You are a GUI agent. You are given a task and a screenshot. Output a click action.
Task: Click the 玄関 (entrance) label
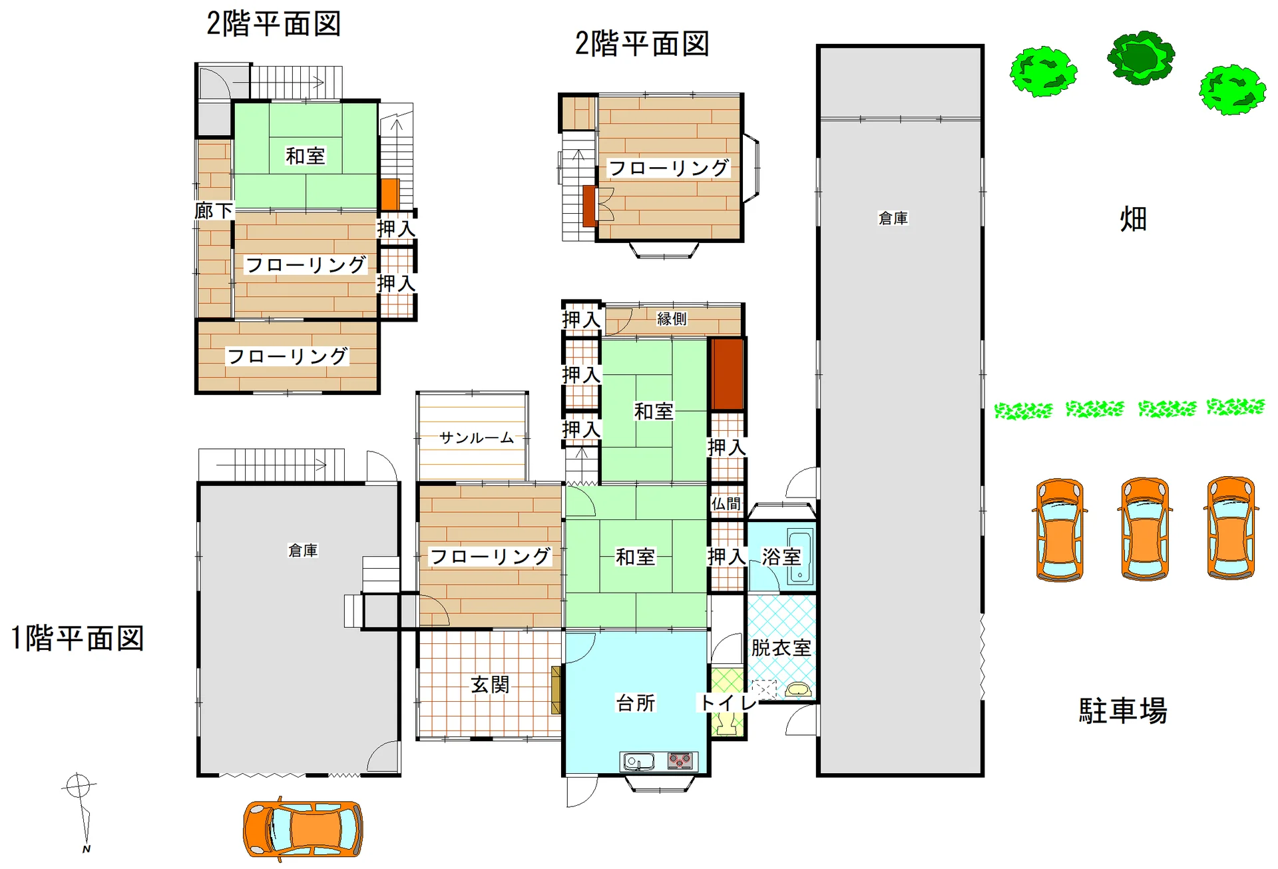[x=490, y=685]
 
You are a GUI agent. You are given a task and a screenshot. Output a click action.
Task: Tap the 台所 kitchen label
[x=636, y=703]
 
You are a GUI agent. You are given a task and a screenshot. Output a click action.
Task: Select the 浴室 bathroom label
[x=781, y=557]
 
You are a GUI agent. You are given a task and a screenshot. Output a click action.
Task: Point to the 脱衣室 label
[x=781, y=647]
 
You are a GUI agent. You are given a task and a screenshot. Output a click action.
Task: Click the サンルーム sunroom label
[x=477, y=437]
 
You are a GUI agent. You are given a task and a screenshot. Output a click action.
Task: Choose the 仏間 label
[x=726, y=503]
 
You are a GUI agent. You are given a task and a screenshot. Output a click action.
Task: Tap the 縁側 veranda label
[x=672, y=318]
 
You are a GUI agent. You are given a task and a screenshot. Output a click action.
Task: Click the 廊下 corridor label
[x=214, y=211]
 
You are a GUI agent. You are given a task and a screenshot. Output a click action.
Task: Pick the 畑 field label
[x=1133, y=218]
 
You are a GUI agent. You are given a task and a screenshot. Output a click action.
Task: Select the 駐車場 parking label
[x=1123, y=711]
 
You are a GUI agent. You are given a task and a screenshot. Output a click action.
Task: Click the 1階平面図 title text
[x=78, y=638]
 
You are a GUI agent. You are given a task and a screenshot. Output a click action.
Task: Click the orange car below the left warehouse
[x=303, y=828]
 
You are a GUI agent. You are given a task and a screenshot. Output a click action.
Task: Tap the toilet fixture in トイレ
[x=726, y=723]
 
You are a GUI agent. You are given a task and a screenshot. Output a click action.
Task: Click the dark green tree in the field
[x=1141, y=57]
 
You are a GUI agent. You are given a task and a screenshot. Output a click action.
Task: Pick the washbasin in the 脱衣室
[x=797, y=689]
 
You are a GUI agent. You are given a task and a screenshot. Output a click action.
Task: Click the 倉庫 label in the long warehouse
[x=893, y=218]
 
